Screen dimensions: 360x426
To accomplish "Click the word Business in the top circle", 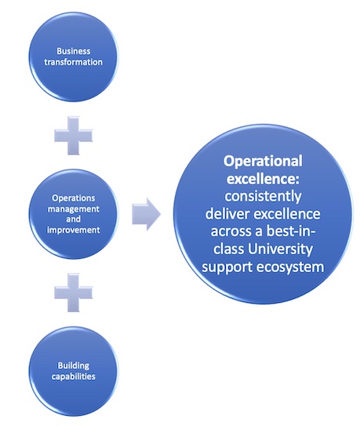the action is click(x=74, y=51).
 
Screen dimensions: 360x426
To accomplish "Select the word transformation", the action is click(x=74, y=62).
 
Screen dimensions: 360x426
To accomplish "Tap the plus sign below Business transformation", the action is click(x=74, y=136).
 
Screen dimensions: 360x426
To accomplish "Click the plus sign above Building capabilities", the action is click(x=74, y=293).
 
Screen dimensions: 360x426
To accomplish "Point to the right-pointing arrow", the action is click(x=147, y=214).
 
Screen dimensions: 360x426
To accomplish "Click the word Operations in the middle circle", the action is click(x=74, y=198).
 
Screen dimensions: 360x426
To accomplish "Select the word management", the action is click(x=74, y=209).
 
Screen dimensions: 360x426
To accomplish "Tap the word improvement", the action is click(x=74, y=230).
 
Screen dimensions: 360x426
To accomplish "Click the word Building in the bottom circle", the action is click(x=74, y=366).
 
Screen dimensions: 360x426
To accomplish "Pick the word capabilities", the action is click(x=74, y=377).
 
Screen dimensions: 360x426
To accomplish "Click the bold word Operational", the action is click(x=263, y=161).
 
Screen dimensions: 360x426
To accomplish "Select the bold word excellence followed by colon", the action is click(x=263, y=179).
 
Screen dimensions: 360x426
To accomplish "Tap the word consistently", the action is click(x=263, y=197).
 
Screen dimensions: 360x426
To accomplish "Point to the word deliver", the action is click(x=227, y=214).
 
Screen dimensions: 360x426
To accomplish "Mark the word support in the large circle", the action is click(x=227, y=268).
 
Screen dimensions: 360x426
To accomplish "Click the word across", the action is click(x=234, y=232).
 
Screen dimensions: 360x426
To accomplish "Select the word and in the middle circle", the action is click(x=74, y=219).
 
